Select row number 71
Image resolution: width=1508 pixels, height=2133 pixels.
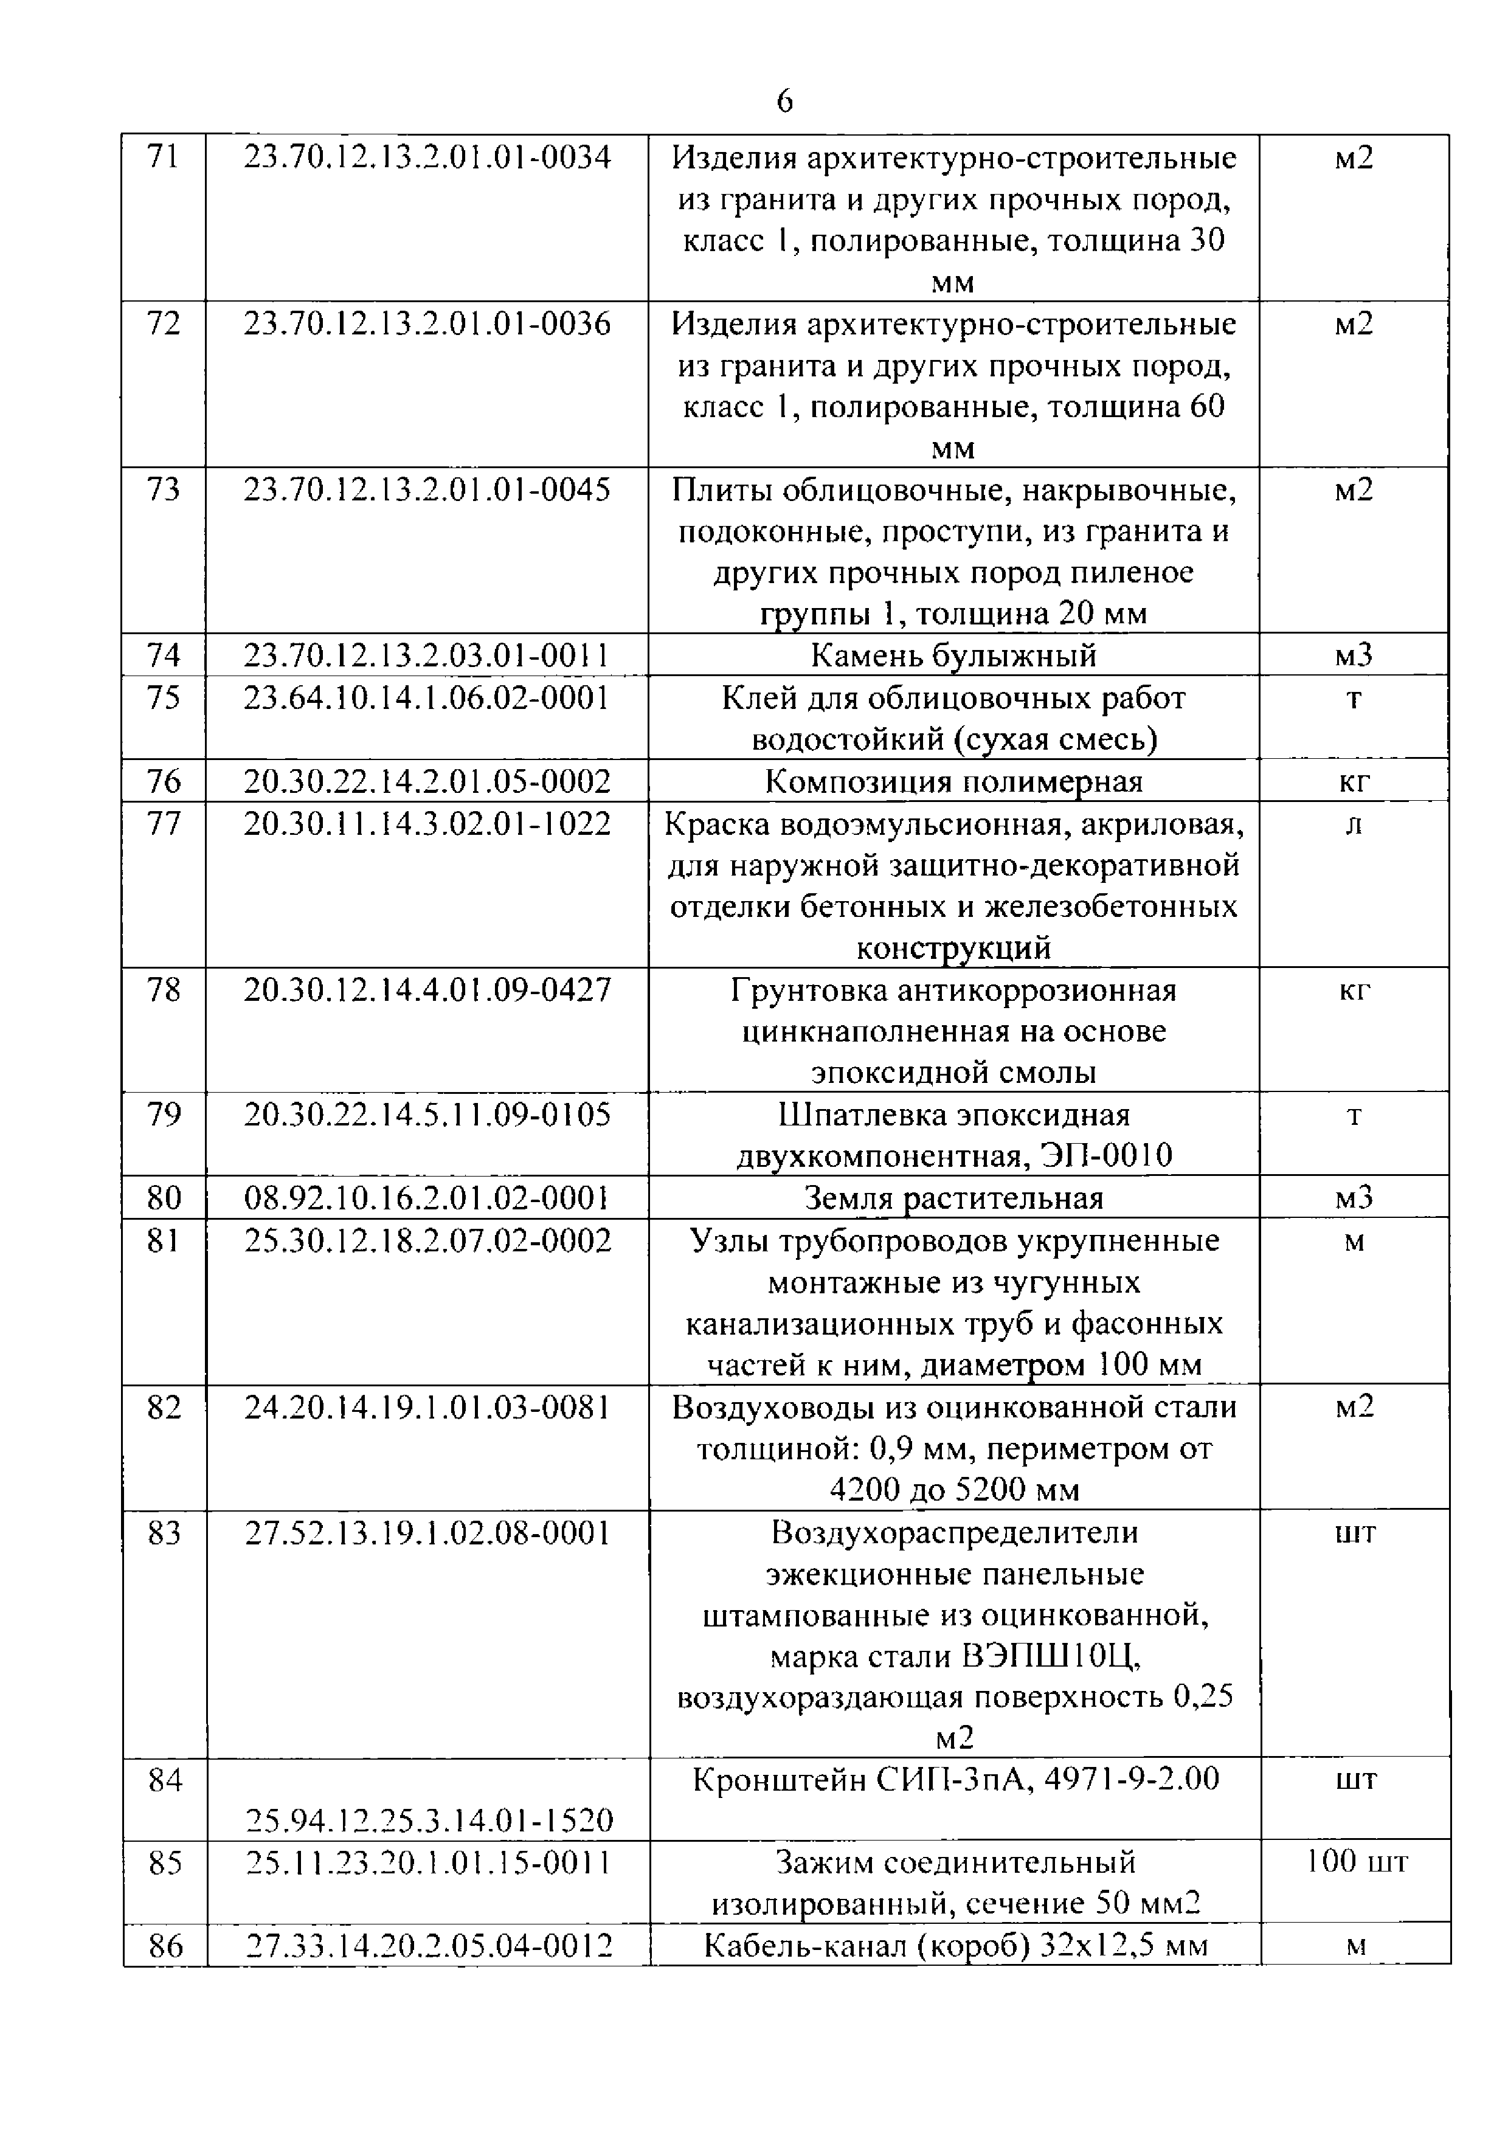[x=164, y=157]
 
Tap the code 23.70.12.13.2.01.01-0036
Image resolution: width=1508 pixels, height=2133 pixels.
[x=427, y=323]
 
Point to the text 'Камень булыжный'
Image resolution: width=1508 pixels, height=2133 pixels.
[x=953, y=656]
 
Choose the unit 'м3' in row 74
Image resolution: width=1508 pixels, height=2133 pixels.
[x=1354, y=656]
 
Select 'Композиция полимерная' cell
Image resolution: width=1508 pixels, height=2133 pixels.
[x=953, y=781]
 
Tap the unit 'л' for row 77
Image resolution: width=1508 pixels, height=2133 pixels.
[x=1354, y=824]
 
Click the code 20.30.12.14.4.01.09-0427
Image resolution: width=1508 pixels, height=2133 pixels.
[x=427, y=990]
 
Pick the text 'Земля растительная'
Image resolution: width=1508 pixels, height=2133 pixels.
[x=953, y=1198]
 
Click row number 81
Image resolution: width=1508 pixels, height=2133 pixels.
[x=164, y=1240]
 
